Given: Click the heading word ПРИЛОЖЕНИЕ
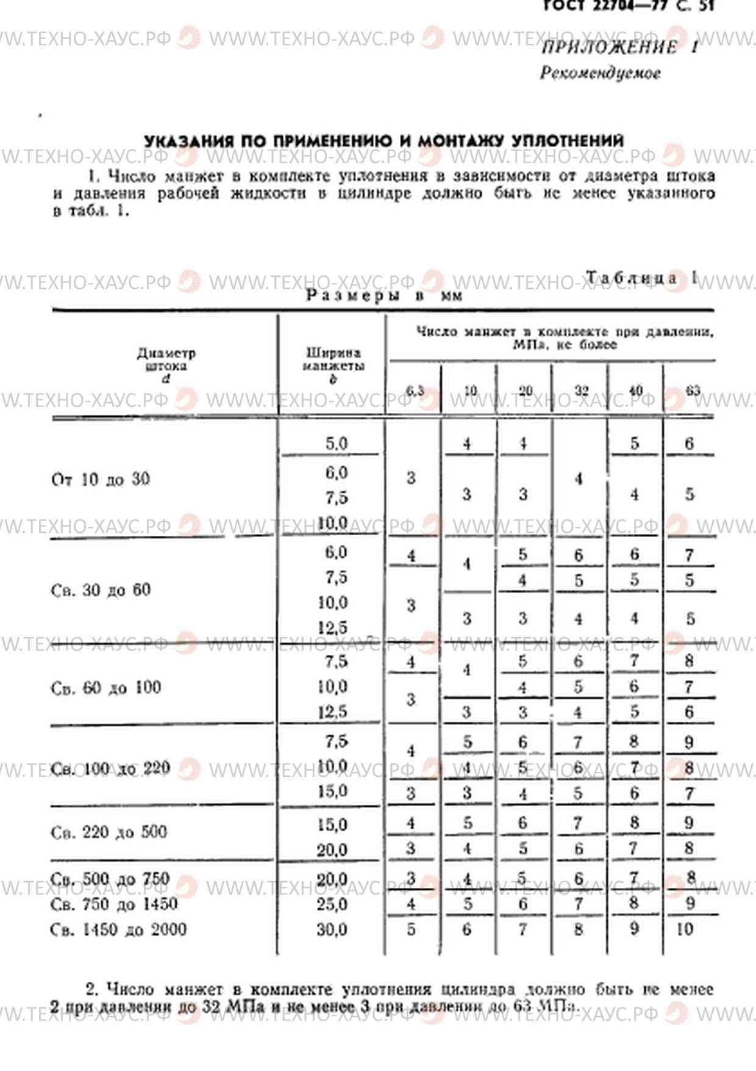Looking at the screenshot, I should (609, 48).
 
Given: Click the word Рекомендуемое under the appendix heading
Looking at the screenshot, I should (600, 73).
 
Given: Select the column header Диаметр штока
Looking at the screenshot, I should (166, 365).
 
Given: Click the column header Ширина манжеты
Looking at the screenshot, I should (333, 365).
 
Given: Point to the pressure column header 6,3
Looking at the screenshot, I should (415, 391).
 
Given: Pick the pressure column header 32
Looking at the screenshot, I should (581, 391).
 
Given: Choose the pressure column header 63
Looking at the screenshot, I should (693, 391).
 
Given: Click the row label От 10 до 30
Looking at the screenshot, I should (101, 479).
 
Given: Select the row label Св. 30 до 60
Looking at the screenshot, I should (101, 590).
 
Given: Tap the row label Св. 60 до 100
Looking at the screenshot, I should (105, 688).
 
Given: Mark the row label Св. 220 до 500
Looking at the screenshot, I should (109, 832).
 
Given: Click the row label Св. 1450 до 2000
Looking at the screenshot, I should (118, 929).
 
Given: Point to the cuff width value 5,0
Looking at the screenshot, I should (336, 443).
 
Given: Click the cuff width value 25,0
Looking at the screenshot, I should (332, 904).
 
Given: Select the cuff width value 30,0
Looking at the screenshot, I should (332, 929).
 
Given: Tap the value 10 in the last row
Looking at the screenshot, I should (684, 929).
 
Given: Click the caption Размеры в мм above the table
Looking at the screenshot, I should (384, 296).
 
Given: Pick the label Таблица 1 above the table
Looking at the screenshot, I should (640, 278).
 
